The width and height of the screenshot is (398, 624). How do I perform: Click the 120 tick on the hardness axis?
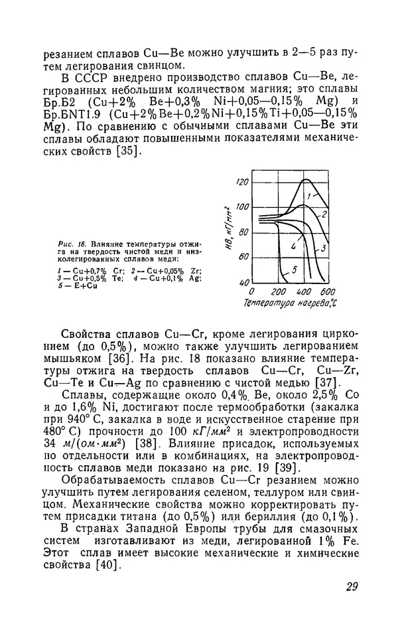[x=241, y=181]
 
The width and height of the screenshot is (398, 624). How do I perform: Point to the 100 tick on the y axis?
[x=241, y=206]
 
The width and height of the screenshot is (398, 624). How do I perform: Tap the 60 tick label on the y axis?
[x=242, y=256]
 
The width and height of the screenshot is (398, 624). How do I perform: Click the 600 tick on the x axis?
[x=326, y=292]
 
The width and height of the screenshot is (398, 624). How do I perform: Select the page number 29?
[x=352, y=587]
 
